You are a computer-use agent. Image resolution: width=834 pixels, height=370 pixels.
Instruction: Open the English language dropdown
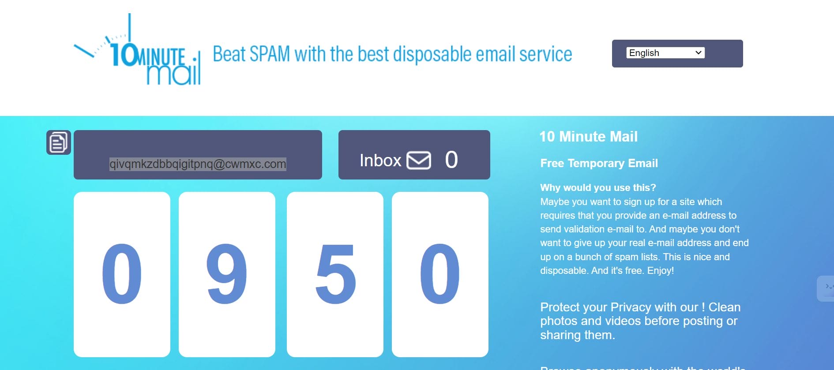click(x=665, y=53)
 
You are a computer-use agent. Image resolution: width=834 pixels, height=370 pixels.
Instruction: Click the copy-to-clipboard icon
click(x=59, y=142)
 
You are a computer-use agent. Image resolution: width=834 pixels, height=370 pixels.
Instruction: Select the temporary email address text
click(x=198, y=164)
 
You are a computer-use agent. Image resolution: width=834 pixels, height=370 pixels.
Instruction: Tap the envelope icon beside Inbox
click(x=418, y=160)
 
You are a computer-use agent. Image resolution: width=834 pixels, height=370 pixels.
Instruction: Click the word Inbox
click(x=380, y=161)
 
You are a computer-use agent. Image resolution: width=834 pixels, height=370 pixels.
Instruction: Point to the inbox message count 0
click(x=451, y=160)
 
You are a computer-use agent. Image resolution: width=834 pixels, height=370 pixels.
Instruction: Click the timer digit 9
click(x=227, y=274)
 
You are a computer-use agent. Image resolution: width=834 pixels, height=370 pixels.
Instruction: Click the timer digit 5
click(x=335, y=274)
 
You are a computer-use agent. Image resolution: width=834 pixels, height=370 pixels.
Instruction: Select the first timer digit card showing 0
click(x=122, y=274)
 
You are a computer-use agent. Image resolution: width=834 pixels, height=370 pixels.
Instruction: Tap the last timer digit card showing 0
click(x=440, y=274)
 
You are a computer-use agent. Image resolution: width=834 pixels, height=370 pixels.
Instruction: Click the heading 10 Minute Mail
click(x=588, y=137)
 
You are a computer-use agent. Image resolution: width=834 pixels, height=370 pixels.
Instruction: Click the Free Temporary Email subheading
click(x=599, y=163)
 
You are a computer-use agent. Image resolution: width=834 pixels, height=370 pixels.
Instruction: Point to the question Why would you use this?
click(x=598, y=187)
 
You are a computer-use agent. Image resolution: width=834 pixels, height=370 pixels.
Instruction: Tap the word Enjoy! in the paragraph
click(x=661, y=270)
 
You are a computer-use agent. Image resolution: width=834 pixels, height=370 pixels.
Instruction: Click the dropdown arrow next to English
click(x=698, y=53)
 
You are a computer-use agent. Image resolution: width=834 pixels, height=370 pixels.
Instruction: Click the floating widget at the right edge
click(x=826, y=288)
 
